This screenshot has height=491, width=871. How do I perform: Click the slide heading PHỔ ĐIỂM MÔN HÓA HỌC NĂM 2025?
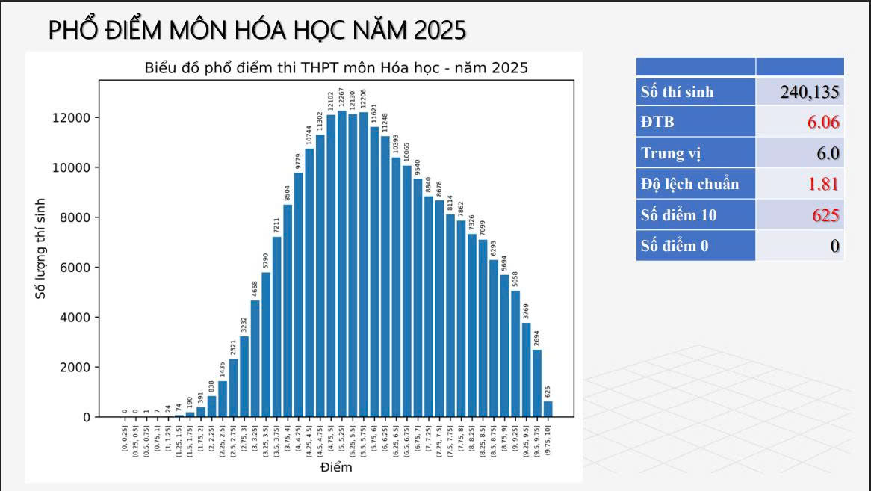257,29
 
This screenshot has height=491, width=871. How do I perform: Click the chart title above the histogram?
336,68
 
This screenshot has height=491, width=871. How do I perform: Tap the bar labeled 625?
548,409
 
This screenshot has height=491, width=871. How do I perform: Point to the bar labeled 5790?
266,345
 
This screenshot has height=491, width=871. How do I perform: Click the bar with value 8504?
288,310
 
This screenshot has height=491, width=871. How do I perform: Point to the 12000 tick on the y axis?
72,117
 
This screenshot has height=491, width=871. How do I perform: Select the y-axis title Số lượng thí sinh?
41,249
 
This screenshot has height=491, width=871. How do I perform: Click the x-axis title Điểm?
336,468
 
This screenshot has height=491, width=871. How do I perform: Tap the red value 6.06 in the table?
823,123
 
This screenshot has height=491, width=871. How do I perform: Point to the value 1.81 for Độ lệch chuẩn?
823,185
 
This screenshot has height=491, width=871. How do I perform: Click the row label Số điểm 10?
678,215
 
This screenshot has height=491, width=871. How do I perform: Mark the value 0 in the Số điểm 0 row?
835,246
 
